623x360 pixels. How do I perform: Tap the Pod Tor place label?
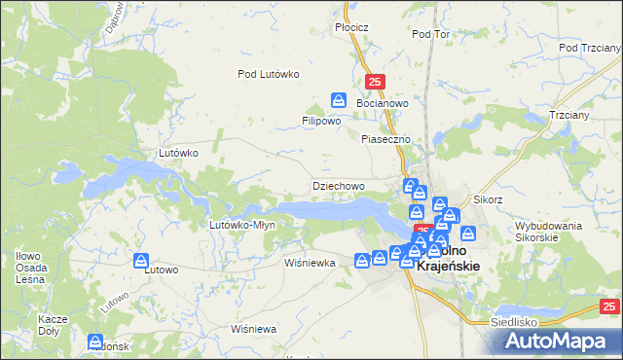click(430, 34)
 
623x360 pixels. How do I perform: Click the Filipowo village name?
click(320, 122)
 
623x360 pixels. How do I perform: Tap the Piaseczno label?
click(386, 139)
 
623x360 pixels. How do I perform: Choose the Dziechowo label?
click(338, 185)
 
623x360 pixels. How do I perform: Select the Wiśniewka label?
click(310, 263)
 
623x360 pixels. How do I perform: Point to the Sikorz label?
click(488, 199)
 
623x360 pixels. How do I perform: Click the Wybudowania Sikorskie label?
click(549, 231)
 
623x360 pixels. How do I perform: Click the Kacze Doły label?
click(52, 324)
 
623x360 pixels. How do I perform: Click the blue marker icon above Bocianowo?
click(339, 99)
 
